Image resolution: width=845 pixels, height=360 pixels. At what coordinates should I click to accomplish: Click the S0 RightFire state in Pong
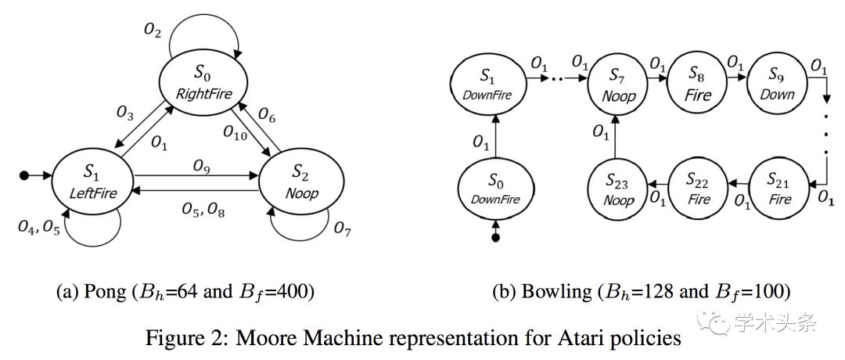(x=203, y=84)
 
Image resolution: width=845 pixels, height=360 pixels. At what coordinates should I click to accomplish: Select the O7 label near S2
(x=343, y=229)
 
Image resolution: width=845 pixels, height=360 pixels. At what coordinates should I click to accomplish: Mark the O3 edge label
(x=125, y=113)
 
